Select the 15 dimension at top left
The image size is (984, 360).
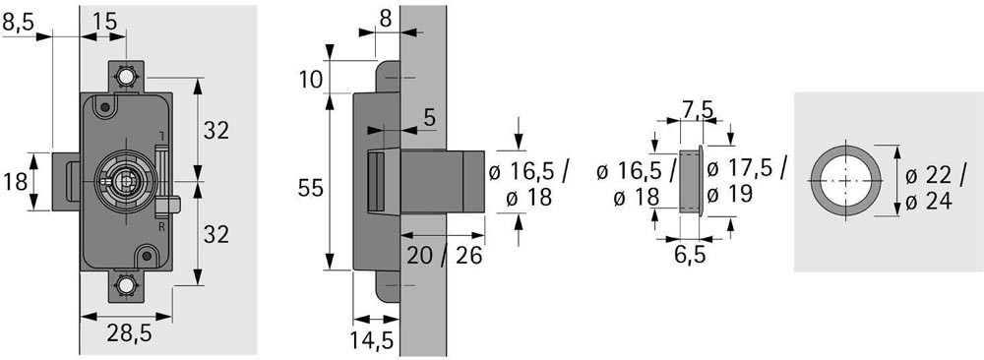click(105, 22)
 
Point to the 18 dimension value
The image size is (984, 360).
click(15, 183)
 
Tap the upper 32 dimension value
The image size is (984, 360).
click(215, 131)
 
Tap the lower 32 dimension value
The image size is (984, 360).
click(215, 234)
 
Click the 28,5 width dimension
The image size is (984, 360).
click(129, 334)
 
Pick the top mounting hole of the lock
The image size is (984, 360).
click(126, 77)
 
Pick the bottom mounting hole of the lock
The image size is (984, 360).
click(126, 286)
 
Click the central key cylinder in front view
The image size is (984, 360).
click(126, 181)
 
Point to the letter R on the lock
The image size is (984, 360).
click(161, 227)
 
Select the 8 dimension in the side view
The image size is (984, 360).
click(386, 20)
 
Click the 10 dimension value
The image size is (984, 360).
click(310, 80)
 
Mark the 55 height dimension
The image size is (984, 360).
click(310, 188)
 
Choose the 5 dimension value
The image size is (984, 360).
click(430, 118)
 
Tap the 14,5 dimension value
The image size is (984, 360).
click(372, 340)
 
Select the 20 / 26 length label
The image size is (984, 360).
click(445, 256)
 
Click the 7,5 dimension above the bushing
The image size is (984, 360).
click(698, 110)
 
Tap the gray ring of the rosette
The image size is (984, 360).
click(816, 180)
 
